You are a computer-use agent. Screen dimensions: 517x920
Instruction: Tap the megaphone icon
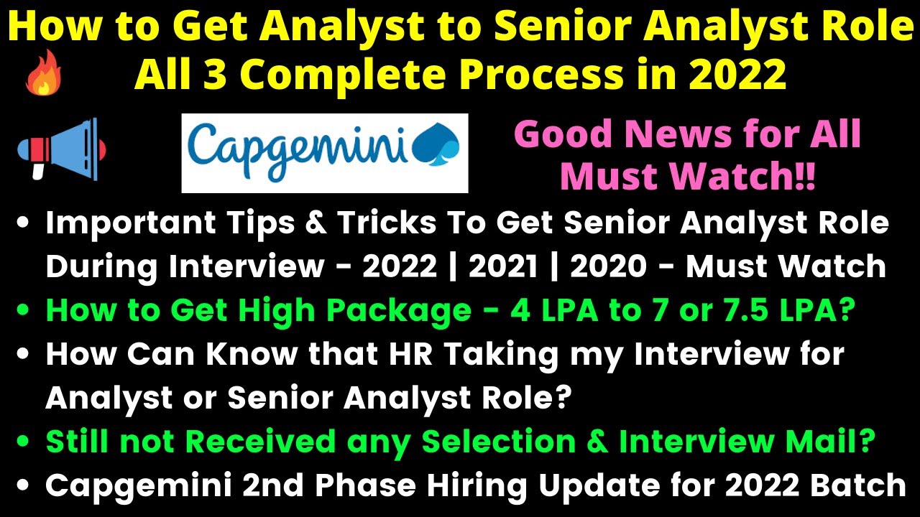pos(62,149)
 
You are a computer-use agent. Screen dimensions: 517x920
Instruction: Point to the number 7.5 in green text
pos(732,311)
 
